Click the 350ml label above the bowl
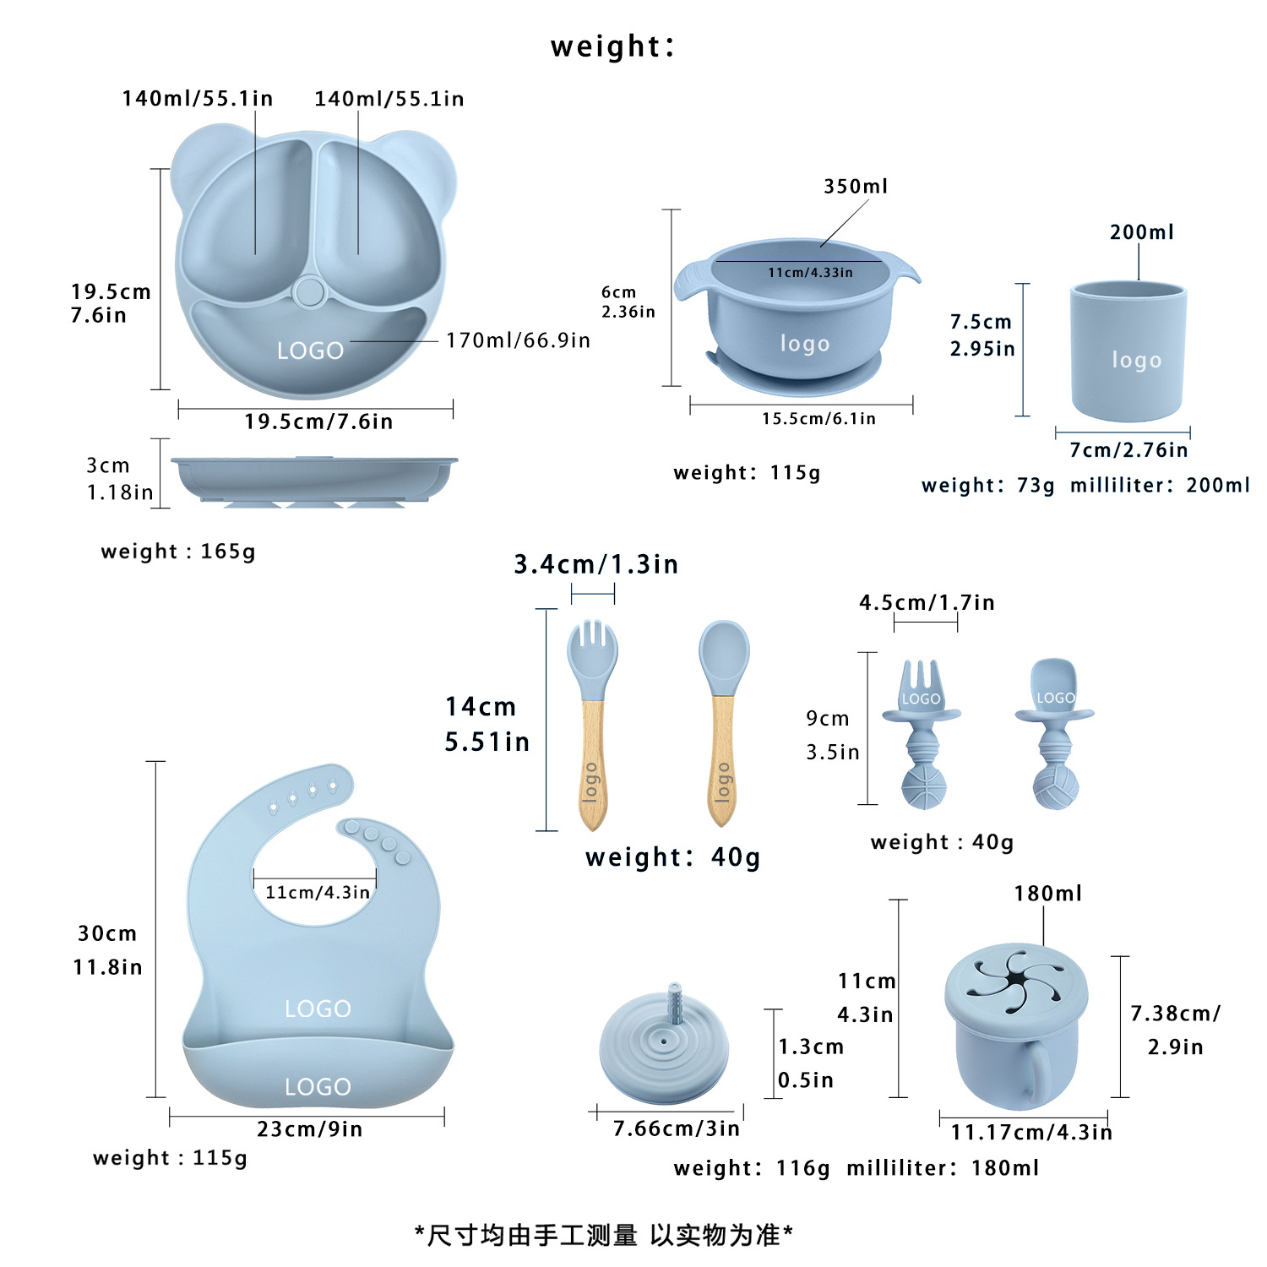tap(856, 187)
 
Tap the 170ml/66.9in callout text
tap(518, 340)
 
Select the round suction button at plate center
tap(309, 292)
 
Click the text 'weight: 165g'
tap(177, 552)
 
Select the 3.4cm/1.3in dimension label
tap(595, 564)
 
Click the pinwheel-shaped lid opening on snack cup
tap(1016, 983)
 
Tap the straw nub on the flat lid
tap(675, 1001)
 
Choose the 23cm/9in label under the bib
tap(309, 1129)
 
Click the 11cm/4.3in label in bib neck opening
tap(317, 893)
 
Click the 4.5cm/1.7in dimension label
tap(927, 603)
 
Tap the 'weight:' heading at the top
tap(612, 46)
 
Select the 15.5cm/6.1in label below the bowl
tap(818, 419)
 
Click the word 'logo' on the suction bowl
tap(804, 344)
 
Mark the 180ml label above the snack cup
tap(1047, 894)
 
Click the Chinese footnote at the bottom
tap(603, 1236)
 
